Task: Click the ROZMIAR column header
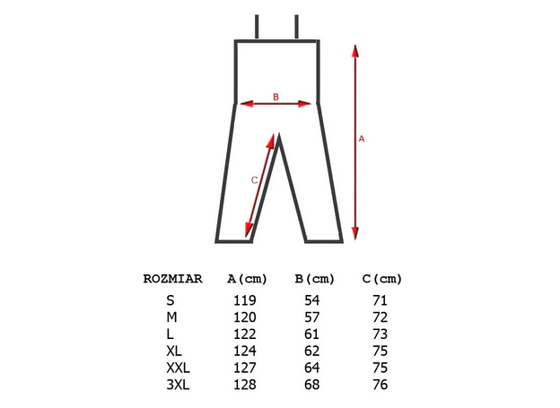tap(172, 278)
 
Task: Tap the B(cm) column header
tap(314, 278)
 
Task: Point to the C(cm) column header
tap(381, 278)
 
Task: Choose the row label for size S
tap(171, 300)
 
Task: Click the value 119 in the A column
tap(244, 300)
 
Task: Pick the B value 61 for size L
tap(312, 334)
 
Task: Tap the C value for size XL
tap(381, 352)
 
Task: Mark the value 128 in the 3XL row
tap(244, 385)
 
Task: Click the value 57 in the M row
tap(312, 317)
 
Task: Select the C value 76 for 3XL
tap(381, 385)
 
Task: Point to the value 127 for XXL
tap(244, 368)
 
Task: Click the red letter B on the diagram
tap(276, 97)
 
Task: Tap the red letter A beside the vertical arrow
tap(362, 139)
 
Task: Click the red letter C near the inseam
tap(254, 179)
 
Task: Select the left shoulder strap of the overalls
tap(258, 27)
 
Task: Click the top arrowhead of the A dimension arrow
tap(356, 50)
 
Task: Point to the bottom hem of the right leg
tap(324, 240)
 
